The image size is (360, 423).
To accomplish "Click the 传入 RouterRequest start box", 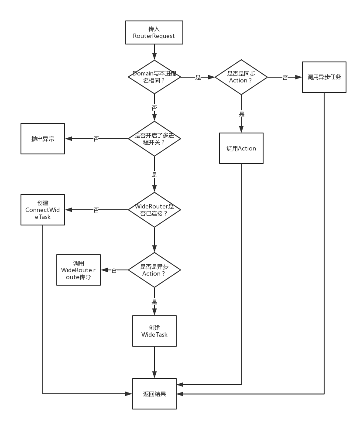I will [154, 33].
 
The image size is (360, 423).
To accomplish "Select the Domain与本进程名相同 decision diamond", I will [154, 77].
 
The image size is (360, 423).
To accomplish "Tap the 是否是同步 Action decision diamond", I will [241, 77].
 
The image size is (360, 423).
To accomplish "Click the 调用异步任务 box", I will [324, 77].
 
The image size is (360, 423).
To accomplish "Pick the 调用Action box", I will [241, 148].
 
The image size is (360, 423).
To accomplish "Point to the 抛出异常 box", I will [43, 139].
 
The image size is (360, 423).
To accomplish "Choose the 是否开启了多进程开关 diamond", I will [154, 139].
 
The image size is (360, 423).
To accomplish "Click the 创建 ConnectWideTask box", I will [43, 210].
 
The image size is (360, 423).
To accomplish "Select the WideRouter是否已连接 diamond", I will [154, 210].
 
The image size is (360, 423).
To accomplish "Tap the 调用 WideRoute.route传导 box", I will [79, 270].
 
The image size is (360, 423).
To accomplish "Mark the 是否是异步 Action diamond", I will [154, 270].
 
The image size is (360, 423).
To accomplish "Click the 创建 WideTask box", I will [154, 331].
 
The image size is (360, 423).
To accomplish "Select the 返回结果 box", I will [154, 394].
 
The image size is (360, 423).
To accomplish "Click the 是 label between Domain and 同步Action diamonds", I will [198, 77].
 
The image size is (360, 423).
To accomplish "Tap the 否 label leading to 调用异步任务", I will [285, 77].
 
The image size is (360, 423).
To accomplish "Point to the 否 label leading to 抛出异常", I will [96, 139].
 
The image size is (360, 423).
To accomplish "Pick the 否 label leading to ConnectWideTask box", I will [96, 210].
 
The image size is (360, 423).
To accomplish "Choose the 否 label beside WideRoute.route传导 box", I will [114, 270].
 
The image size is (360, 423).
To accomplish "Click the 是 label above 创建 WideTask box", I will [154, 302].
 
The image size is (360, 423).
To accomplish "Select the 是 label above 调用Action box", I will [241, 114].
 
